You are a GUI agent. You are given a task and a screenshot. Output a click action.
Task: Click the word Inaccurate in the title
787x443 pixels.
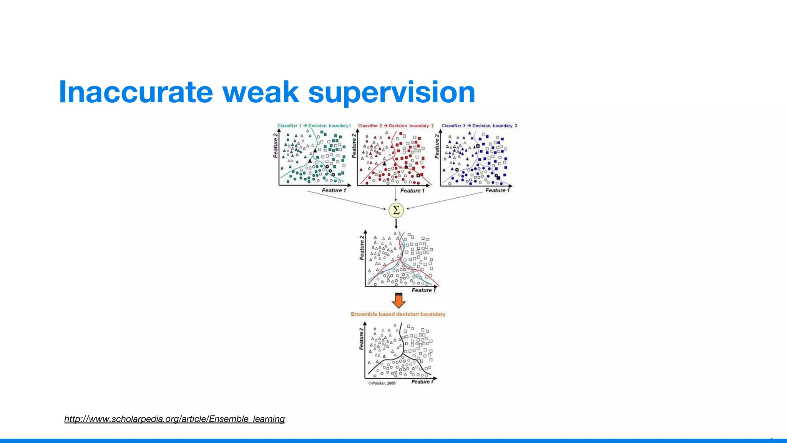point(136,92)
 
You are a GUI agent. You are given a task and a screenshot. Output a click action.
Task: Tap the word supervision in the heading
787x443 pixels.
point(392,92)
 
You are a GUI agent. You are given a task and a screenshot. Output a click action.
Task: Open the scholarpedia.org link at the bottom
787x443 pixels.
point(174,419)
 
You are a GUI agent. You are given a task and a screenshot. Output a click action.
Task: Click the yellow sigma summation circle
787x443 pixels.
point(396,210)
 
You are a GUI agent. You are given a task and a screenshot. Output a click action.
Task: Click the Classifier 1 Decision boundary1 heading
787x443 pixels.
point(314,126)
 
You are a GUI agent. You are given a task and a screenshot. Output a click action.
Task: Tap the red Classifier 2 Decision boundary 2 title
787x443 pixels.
point(396,126)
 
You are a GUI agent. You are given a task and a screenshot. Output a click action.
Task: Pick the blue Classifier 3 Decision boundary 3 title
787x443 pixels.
point(479,126)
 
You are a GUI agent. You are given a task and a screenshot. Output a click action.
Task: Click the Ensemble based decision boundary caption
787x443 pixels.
point(398,314)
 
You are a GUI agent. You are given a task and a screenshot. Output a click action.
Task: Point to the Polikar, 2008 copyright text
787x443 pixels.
point(382,383)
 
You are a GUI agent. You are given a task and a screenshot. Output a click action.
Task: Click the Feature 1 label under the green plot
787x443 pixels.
point(334,190)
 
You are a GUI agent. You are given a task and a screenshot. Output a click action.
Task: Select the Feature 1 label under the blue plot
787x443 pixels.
point(497,190)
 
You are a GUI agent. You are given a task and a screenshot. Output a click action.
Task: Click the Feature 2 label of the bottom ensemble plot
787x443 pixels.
point(361,339)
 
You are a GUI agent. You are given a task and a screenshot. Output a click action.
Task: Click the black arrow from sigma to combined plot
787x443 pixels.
point(396,223)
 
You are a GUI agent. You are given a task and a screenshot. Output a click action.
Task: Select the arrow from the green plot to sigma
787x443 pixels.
point(346,200)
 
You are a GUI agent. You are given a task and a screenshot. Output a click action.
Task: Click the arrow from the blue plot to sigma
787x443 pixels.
point(445,200)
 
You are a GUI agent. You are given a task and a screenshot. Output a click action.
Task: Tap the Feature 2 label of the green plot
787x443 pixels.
point(275,146)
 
